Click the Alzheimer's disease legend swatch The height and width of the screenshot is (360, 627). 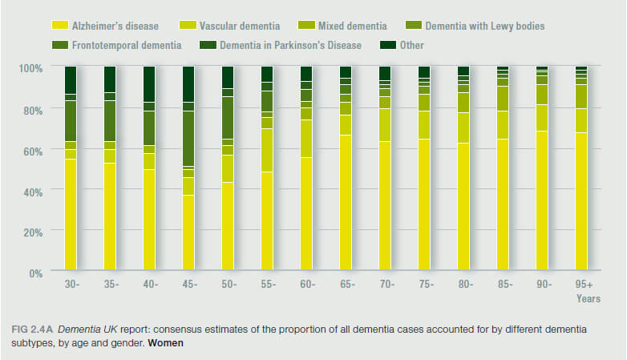[59, 26]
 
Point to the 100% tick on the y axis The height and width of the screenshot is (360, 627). [30, 67]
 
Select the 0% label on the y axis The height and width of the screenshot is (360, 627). [35, 273]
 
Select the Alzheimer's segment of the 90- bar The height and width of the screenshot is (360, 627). [542, 200]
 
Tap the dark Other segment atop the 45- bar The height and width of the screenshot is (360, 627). [188, 83]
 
